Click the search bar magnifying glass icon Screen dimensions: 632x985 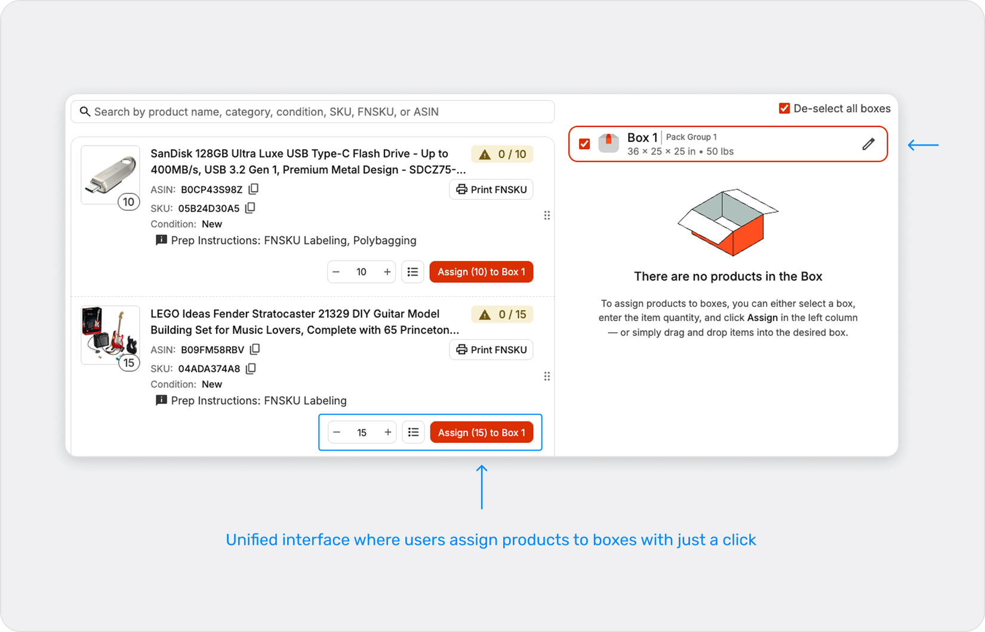click(85, 112)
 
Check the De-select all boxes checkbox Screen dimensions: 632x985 click(784, 109)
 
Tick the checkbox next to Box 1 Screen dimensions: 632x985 click(584, 144)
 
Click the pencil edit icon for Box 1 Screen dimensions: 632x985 click(869, 144)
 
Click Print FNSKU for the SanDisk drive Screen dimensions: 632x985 click(491, 190)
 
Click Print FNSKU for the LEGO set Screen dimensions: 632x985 click(491, 350)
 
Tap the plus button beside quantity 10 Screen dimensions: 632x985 click(387, 272)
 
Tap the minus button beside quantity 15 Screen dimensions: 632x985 click(337, 433)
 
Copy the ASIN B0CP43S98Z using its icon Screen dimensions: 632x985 click(254, 189)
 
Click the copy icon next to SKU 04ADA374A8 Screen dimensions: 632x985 click(251, 369)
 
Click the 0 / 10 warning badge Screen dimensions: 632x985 click(503, 155)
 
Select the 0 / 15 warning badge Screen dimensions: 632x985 click(503, 315)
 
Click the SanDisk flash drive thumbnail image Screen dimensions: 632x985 click(110, 175)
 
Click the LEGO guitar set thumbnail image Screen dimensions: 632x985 click(110, 334)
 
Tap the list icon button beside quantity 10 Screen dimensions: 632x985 click(413, 272)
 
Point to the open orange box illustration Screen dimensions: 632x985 click(728, 222)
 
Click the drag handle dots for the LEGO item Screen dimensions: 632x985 click(547, 376)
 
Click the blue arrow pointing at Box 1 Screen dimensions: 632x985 click(923, 145)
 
